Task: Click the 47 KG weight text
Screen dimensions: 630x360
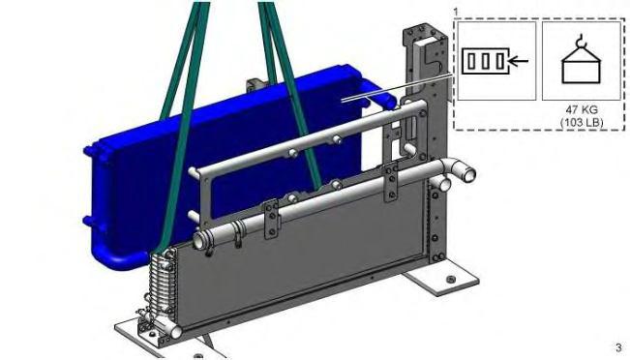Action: [582, 109]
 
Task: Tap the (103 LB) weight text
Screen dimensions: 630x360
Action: [582, 122]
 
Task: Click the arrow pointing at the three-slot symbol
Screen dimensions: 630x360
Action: [519, 61]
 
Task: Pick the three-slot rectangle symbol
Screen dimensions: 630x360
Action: [486, 61]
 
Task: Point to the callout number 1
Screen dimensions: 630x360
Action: [455, 12]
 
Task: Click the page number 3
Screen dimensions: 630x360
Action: [618, 347]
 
